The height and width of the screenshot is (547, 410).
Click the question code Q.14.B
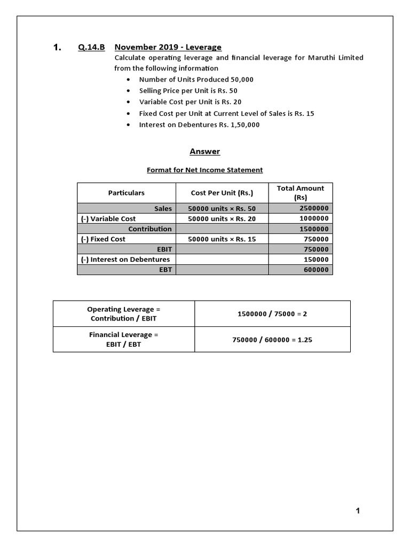pyautogui.click(x=92, y=48)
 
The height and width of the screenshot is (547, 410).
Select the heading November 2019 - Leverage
pyautogui.click(x=168, y=48)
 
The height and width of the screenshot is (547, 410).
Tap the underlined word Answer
pyautogui.click(x=204, y=152)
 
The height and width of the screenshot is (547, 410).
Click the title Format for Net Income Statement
pyautogui.click(x=204, y=170)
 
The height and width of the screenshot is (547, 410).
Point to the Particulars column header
pyautogui.click(x=127, y=193)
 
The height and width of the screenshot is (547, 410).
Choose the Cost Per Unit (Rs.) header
pyautogui.click(x=222, y=193)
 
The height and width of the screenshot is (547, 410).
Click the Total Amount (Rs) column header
pyautogui.click(x=300, y=193)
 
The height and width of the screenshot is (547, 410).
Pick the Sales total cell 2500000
pyautogui.click(x=314, y=208)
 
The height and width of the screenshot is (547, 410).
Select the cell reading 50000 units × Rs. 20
pyautogui.click(x=222, y=218)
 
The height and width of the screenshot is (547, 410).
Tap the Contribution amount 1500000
pyautogui.click(x=314, y=229)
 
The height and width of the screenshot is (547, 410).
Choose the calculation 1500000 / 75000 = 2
pyautogui.click(x=272, y=314)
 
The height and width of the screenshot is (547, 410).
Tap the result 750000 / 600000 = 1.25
pyautogui.click(x=272, y=340)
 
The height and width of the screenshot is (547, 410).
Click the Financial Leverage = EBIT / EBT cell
pyautogui.click(x=124, y=340)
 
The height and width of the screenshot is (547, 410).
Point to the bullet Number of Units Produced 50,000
pyautogui.click(x=196, y=80)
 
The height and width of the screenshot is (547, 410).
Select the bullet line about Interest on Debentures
pyautogui.click(x=199, y=125)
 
